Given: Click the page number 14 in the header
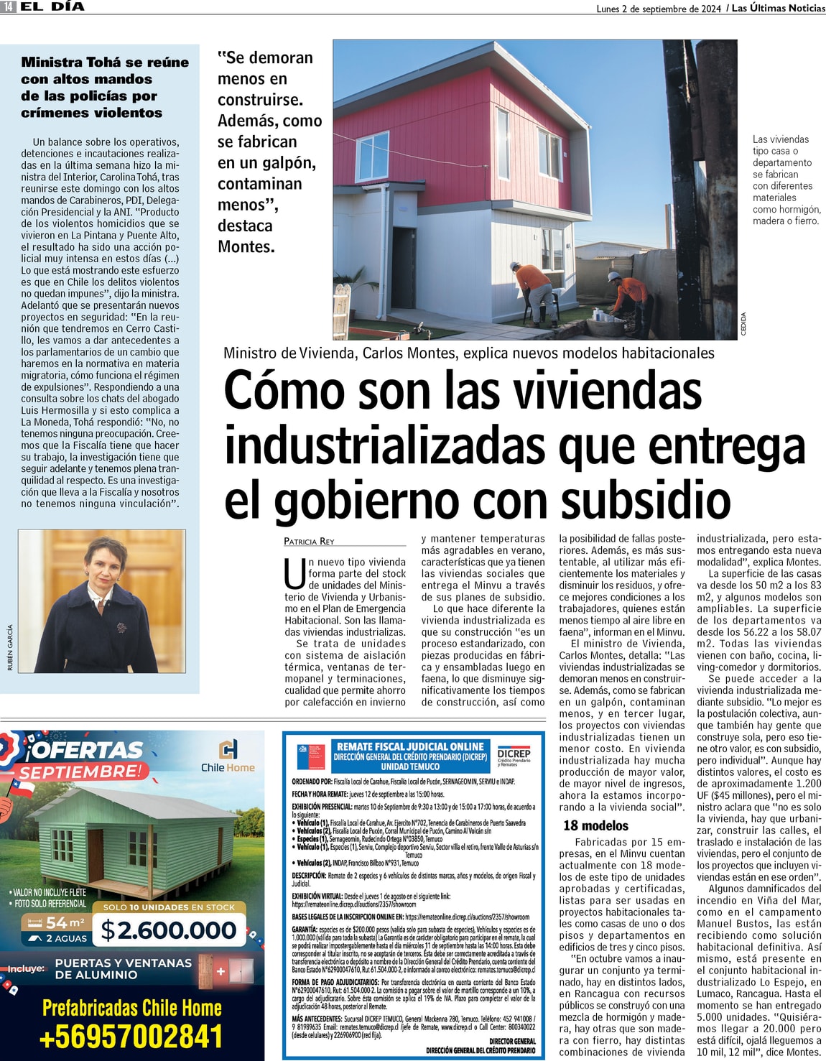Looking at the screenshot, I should point(8,7).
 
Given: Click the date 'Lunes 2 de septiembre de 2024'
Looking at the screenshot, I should point(659,9).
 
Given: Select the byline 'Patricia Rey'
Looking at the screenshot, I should point(309,541).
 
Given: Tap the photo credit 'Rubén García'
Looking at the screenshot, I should point(10,647).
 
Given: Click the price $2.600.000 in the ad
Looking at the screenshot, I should point(169,930).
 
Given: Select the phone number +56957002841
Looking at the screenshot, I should point(131,1037).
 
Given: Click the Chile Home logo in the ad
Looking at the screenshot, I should point(228,754).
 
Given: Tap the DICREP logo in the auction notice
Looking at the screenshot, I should point(514,756).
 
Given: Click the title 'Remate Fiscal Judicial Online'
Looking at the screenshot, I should point(410,746).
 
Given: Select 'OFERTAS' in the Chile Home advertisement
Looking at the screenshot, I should point(86,750).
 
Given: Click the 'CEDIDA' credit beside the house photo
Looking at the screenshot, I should point(743,323).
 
